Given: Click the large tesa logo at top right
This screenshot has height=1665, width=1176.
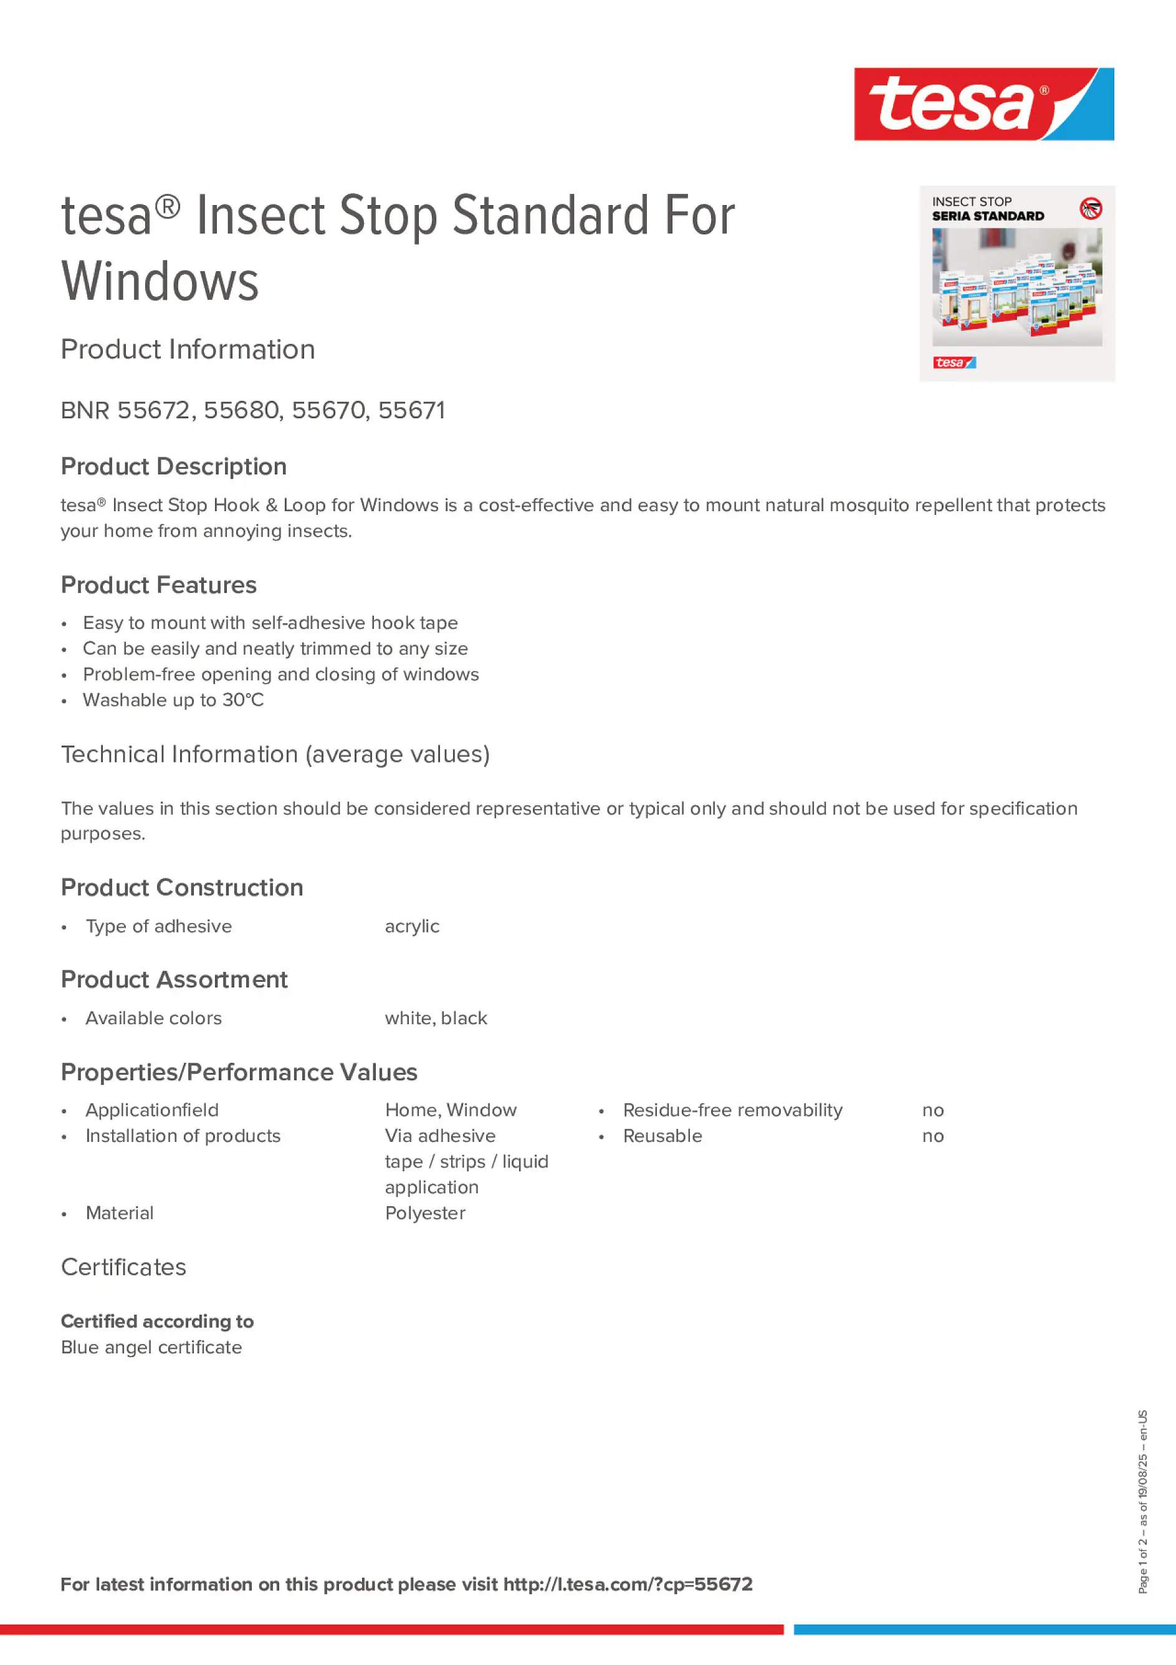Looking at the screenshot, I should pos(983,103).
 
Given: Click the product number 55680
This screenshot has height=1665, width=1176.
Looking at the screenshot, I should pos(242,410).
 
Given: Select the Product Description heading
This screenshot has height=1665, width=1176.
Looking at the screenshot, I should pos(174,466).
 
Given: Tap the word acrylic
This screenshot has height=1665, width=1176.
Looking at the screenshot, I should pos(412,926).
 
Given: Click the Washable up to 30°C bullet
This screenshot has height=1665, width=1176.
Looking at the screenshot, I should pos(173,700).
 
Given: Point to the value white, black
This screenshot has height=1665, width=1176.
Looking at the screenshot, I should pos(436,1018).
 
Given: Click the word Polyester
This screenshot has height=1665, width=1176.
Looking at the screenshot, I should pos(425,1213).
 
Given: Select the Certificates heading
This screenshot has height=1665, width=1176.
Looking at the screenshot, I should pos(123,1267).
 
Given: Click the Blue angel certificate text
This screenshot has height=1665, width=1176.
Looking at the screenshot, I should pos(151,1347).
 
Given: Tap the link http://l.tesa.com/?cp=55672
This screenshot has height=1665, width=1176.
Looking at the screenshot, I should pos(628,1585).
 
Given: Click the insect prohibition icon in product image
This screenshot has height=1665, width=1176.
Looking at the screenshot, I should pos(1091,209).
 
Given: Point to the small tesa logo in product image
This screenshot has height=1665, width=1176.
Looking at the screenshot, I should pos(954,363).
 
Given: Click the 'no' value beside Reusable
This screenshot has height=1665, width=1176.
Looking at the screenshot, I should pos(932,1136).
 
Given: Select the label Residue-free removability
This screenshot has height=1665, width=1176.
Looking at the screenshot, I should pos(732,1110).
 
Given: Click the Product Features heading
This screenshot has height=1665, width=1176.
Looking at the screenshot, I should pos(159,585).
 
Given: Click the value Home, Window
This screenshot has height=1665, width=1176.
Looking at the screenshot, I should pos(450,1110).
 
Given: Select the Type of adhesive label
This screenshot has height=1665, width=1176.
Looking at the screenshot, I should pos(159,926).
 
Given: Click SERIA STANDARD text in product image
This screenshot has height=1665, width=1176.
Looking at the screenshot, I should pos(988,216).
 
